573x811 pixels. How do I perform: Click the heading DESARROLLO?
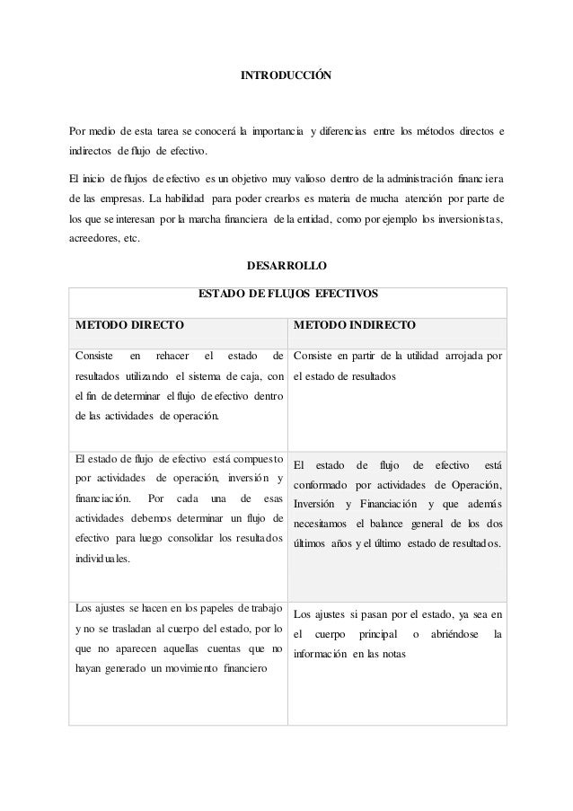pos(286,266)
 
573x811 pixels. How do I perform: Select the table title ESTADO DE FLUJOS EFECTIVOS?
pos(287,294)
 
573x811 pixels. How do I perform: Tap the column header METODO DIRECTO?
pos(130,323)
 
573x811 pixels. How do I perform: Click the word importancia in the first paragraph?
pos(277,133)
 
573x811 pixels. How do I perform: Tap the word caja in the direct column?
pos(249,375)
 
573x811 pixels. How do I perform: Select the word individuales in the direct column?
pos(101,558)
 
